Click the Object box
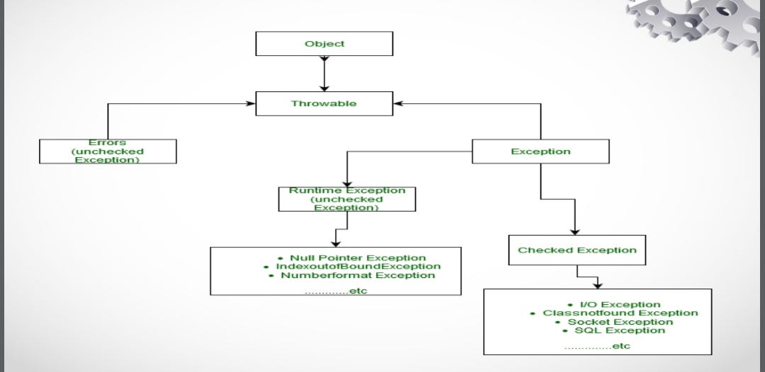(x=324, y=44)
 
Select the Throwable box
(x=324, y=103)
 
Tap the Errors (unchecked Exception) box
(x=108, y=151)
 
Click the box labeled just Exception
(x=540, y=151)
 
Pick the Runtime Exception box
(x=347, y=199)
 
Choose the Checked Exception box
(x=577, y=250)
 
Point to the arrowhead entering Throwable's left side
(x=250, y=103)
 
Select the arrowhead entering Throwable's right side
(x=398, y=103)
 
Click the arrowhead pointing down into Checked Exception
(x=574, y=231)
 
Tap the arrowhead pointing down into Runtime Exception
(x=347, y=182)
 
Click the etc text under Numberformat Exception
(x=336, y=291)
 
